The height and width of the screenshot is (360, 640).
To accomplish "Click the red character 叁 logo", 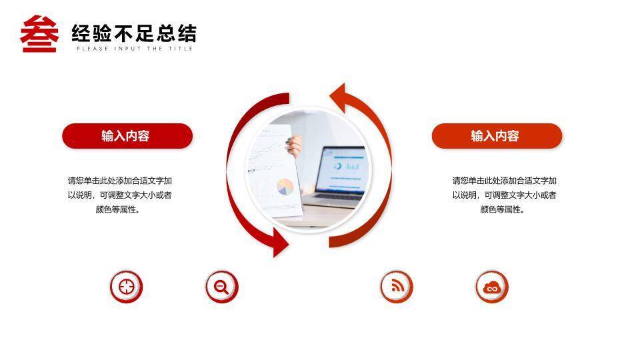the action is (39, 34).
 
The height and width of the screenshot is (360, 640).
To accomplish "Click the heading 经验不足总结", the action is (134, 33).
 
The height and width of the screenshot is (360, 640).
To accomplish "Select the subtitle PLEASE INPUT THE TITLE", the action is (134, 49).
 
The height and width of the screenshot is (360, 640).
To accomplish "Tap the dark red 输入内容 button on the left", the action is (127, 136).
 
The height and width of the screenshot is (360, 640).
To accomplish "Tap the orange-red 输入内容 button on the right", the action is (497, 136).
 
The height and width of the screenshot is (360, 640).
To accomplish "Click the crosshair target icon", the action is (126, 287).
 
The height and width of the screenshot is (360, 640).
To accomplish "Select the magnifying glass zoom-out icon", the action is (221, 287).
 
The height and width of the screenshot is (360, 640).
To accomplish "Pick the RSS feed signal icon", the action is (396, 287).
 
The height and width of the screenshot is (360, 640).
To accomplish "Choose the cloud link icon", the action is (492, 287).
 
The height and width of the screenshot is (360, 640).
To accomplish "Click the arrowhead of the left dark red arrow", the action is (281, 243).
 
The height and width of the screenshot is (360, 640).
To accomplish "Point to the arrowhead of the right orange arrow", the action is (337, 98).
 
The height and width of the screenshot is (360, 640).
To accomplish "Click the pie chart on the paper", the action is (285, 187).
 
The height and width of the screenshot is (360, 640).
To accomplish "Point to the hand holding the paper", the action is (295, 146).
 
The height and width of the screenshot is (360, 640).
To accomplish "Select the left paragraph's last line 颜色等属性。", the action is (119, 210).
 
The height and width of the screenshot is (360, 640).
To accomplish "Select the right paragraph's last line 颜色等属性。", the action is (503, 210).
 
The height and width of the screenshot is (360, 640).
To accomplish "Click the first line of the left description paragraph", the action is (119, 181).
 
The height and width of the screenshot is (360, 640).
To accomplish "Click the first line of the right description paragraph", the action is (504, 181).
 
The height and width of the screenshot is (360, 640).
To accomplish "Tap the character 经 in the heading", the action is (81, 33).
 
